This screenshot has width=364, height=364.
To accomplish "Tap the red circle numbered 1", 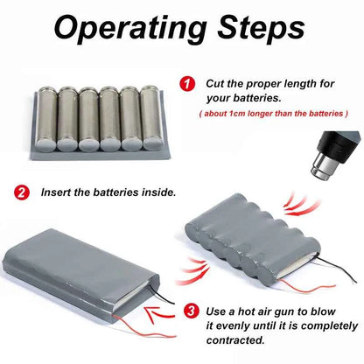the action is tap(187, 84).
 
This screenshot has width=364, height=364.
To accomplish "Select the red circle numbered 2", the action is tap(22, 192).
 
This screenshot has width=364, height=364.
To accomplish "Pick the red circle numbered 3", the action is tap(191, 311).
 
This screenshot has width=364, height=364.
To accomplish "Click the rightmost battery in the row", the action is tap(151, 117).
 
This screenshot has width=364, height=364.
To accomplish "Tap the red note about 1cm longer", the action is tap(273, 114).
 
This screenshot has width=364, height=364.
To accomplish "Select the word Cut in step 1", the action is tap(215, 84).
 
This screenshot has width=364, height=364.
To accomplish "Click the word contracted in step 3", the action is tap(235, 340).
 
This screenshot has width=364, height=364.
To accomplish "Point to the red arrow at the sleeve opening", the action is tap(160, 314).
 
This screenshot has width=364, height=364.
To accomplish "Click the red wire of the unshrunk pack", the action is tap(143, 326).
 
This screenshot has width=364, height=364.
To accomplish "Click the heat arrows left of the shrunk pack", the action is tap(192, 270).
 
